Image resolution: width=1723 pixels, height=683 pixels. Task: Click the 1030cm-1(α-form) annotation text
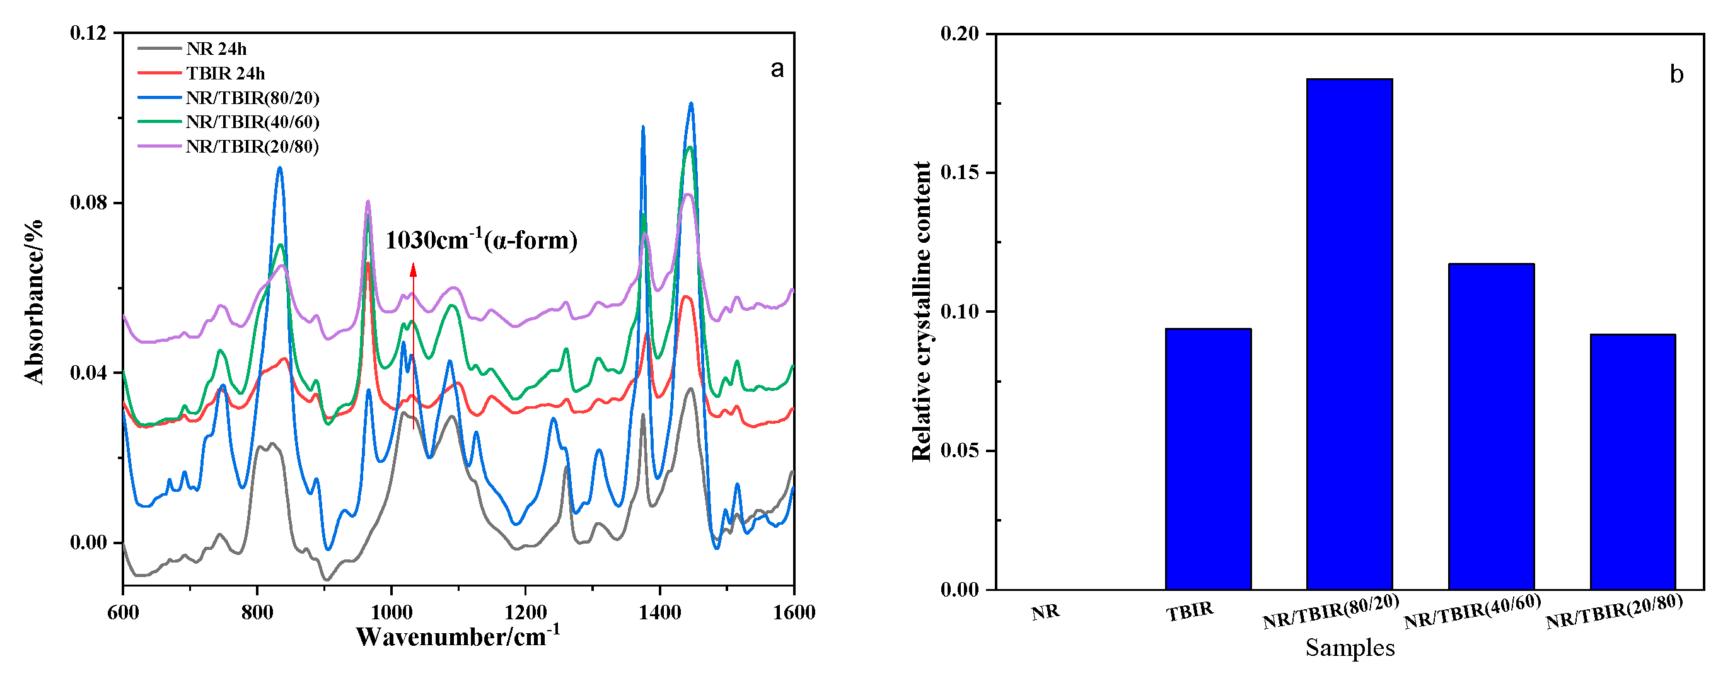point(481,240)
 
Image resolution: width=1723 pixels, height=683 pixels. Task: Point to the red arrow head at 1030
point(414,269)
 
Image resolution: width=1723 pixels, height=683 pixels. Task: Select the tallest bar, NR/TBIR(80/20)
point(1349,334)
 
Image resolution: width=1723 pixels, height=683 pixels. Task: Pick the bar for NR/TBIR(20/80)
point(1633,462)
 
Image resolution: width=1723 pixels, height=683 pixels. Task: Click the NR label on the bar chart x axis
point(1045,612)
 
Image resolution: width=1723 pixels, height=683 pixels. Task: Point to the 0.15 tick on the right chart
point(959,173)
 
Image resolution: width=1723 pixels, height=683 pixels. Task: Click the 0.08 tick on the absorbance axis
point(88,202)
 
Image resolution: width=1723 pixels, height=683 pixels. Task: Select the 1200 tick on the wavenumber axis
point(526,612)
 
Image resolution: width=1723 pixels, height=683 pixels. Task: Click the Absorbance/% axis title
point(33,301)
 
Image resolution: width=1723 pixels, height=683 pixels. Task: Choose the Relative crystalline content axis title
point(922,311)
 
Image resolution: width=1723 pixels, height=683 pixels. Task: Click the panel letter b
point(1676,74)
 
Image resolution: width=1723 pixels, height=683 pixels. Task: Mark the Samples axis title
point(1350,648)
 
